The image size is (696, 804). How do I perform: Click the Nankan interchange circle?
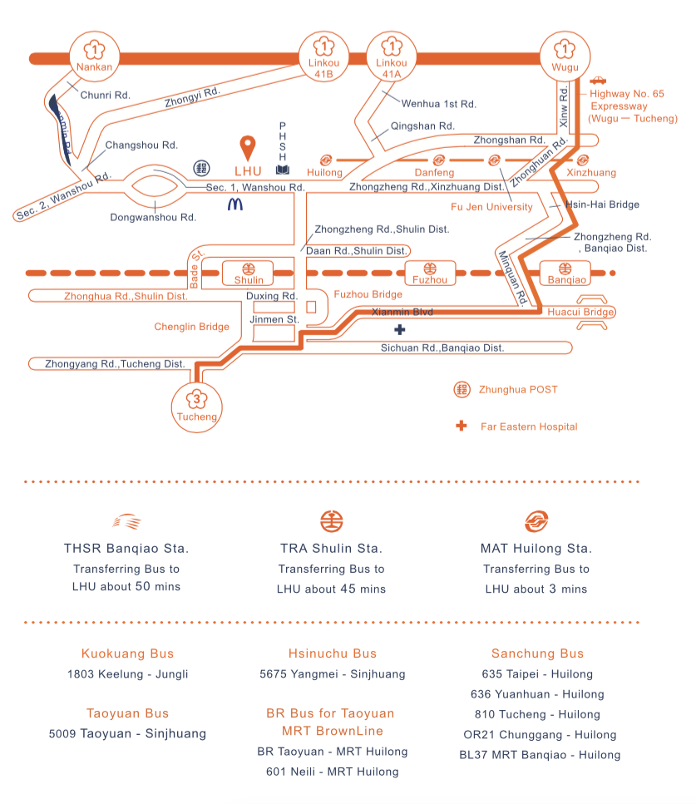coord(93,57)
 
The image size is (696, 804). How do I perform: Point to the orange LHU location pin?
coord(247,148)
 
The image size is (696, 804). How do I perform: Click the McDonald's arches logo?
coord(235,202)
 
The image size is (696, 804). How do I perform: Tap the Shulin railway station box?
coord(248,273)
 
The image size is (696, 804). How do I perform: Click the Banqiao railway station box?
coord(565,273)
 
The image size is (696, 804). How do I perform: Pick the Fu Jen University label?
coord(491,207)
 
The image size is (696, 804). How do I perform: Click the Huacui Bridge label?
coord(580,312)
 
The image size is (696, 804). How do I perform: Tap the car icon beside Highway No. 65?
coord(598,81)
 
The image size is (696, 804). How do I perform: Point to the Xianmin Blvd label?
coord(402,312)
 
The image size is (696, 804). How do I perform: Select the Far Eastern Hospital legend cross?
coord(461,427)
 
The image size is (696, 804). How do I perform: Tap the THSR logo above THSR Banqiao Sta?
coord(126,521)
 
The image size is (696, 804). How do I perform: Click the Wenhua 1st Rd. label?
coord(438,104)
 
